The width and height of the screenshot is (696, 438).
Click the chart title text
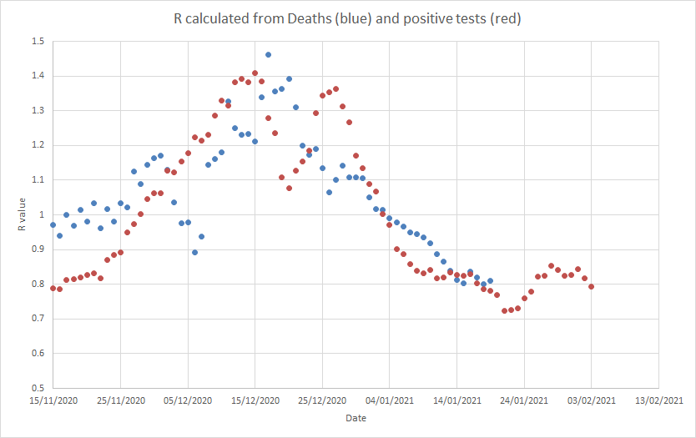click(348, 19)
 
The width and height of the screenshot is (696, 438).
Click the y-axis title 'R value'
click(23, 214)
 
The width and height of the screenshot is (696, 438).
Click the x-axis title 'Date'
click(356, 418)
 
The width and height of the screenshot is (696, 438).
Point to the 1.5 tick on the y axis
click(38, 41)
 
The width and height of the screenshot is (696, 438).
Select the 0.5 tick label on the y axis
click(38, 388)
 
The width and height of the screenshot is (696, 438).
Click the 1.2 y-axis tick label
click(38, 145)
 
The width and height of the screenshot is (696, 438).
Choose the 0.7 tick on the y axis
click(38, 319)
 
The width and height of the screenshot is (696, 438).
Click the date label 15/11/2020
click(53, 401)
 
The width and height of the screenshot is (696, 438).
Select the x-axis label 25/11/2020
click(120, 401)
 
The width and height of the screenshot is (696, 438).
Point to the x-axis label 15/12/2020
click(255, 401)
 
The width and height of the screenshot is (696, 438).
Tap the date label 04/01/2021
click(390, 401)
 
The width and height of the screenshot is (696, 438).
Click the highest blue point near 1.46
click(268, 55)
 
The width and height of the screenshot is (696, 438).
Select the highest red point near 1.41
click(255, 73)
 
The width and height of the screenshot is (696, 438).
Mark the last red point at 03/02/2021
click(591, 287)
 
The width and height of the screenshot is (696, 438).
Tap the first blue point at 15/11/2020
click(53, 224)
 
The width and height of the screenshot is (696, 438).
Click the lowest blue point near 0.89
click(194, 252)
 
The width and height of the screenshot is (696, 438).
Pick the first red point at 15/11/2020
click(53, 288)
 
